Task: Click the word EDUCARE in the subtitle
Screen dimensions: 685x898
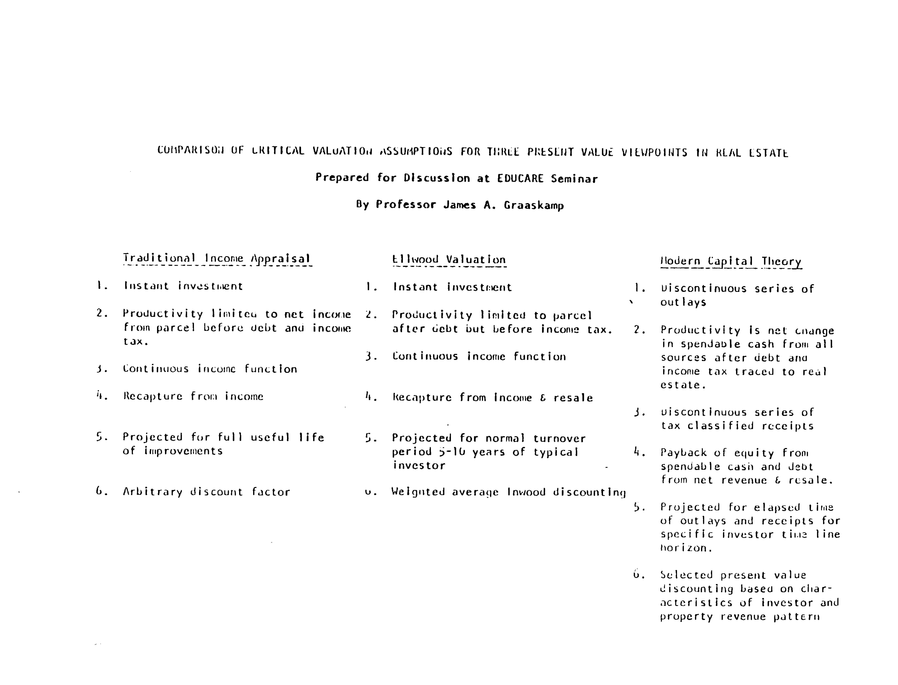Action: point(520,179)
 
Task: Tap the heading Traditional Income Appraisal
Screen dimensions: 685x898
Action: point(217,259)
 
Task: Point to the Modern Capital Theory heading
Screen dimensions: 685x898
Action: point(731,261)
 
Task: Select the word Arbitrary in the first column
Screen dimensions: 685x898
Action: point(153,492)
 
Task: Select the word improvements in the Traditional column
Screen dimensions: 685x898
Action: point(184,451)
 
